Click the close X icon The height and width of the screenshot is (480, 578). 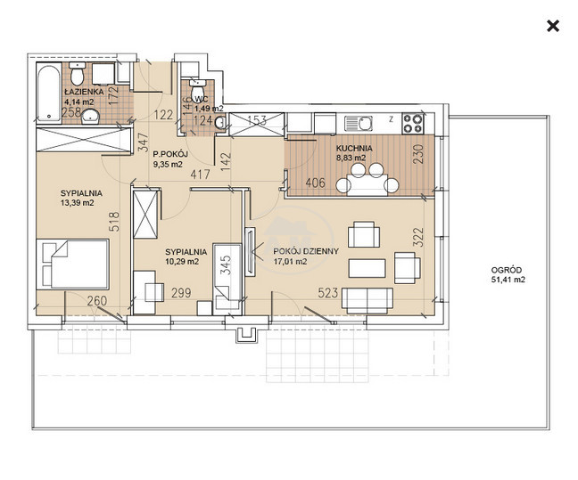tap(553, 26)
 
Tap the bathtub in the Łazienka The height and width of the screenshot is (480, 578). tap(49, 94)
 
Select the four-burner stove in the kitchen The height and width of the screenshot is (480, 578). tap(413, 124)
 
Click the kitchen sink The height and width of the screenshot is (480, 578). tap(359, 124)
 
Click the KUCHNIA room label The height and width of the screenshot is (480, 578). tap(354, 149)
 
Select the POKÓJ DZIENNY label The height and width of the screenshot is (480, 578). tap(306, 251)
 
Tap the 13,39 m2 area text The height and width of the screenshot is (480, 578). tap(77, 203)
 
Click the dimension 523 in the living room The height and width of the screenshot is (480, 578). tap(327, 293)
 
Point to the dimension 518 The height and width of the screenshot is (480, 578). tap(115, 221)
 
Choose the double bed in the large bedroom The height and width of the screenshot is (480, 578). tap(72, 264)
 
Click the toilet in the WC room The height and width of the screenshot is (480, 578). tap(198, 90)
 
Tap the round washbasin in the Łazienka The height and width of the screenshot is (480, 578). tap(90, 117)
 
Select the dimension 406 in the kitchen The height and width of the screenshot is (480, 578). tap(316, 183)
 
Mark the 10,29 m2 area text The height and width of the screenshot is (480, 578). tap(182, 262)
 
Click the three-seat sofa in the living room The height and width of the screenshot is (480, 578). tap(367, 300)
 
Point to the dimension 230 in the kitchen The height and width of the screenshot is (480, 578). tap(419, 153)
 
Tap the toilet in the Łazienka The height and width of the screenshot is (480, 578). tap(78, 73)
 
